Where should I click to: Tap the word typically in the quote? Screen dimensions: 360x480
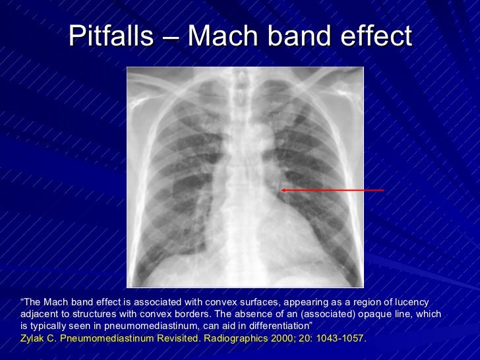click(x=53, y=326)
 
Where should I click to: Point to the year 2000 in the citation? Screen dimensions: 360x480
click(x=278, y=338)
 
